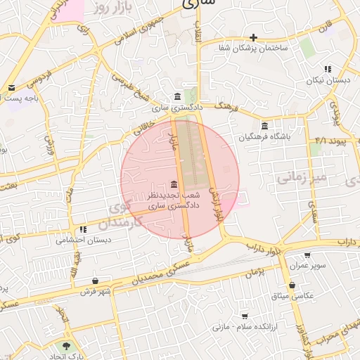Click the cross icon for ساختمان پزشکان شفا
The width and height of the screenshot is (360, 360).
pyautogui.click(x=253, y=37)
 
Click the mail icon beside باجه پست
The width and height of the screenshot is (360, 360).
pyautogui.click(x=11, y=88)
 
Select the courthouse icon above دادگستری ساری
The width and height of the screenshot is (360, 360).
pyautogui.click(x=176, y=96)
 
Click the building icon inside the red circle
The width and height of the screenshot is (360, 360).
pyautogui.click(x=174, y=182)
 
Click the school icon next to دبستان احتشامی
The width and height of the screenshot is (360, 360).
pyautogui.click(x=83, y=229)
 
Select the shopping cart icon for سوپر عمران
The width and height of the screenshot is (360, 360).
pyautogui.click(x=307, y=255)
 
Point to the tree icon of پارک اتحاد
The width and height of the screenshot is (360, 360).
pyautogui.click(x=66, y=346)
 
